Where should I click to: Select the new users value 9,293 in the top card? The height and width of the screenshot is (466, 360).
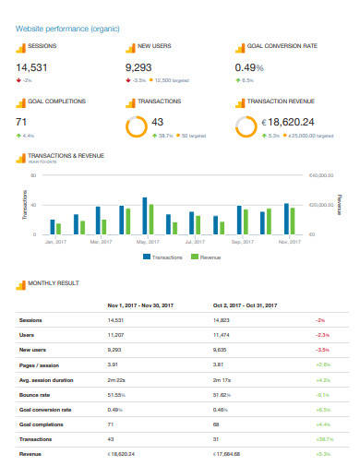point(143,67)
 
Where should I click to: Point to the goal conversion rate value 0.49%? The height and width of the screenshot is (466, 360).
point(253,67)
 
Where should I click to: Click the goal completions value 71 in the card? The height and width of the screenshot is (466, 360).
point(22,122)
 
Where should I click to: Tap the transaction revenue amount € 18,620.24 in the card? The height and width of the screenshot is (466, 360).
point(289,122)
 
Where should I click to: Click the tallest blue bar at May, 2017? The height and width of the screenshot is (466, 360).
point(145,216)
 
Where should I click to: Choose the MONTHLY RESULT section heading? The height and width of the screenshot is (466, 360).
point(54,283)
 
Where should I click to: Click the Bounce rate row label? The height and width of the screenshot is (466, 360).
point(35,392)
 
